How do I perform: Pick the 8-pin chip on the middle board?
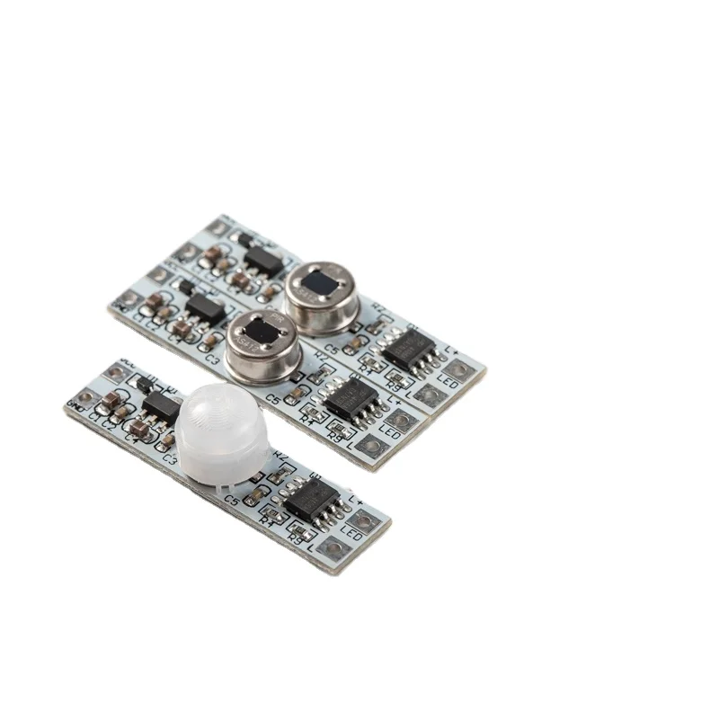coord(351,396)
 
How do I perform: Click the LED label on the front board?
coord(351,536)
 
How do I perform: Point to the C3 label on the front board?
coord(171,460)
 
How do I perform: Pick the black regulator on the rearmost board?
coord(262,261)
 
